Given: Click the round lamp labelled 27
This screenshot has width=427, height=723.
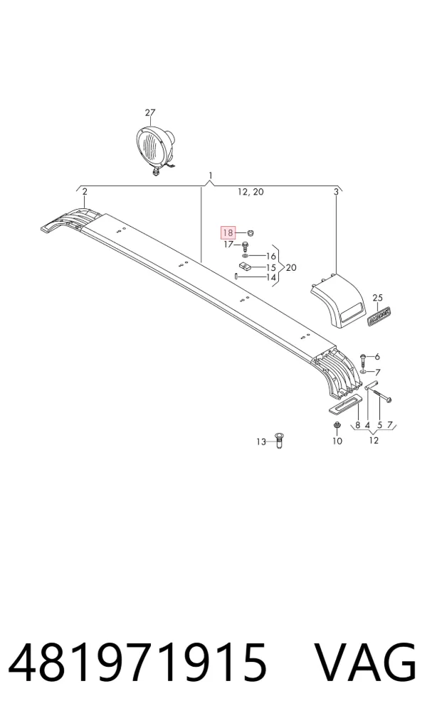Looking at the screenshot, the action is (x=154, y=149).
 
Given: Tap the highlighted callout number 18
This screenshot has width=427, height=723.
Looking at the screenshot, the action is (x=228, y=233).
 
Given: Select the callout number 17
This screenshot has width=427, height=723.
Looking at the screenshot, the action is (x=229, y=245).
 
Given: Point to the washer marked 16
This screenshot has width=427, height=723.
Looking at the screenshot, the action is (x=245, y=256).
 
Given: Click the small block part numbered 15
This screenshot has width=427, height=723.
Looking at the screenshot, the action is (x=245, y=266).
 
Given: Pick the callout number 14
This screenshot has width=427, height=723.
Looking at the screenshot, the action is (x=271, y=277).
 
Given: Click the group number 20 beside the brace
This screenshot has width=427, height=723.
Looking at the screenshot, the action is (x=291, y=267).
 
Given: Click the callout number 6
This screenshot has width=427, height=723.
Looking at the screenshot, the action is (x=377, y=356).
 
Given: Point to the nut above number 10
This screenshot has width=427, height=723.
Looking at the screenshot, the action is (x=337, y=425).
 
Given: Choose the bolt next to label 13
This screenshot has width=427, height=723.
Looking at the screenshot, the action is (x=278, y=440).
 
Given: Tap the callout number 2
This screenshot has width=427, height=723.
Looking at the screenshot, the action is (x=85, y=191).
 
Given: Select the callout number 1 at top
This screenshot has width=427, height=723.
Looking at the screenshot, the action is (x=211, y=175).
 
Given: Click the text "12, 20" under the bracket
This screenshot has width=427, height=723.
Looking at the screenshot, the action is (x=251, y=192).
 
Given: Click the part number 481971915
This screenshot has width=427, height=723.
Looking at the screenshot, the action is (x=138, y=662).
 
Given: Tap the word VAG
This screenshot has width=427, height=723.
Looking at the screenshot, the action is (x=366, y=662).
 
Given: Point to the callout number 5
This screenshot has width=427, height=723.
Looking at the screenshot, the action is (x=380, y=424).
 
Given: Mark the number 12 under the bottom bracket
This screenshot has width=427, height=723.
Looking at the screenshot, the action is (x=374, y=440).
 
